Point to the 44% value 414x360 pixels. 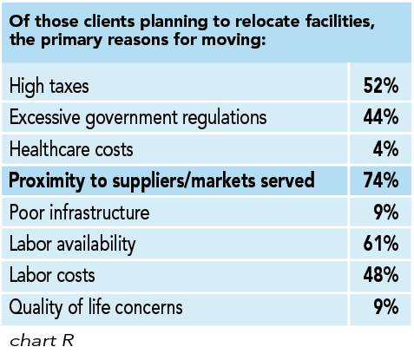pyautogui.click(x=380, y=117)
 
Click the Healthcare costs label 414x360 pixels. pyautogui.click(x=72, y=149)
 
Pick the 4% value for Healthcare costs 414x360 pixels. pyautogui.click(x=385, y=149)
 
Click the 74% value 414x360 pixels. pyautogui.click(x=380, y=180)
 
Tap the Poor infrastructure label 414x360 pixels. pyautogui.click(x=79, y=213)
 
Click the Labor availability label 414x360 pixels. pyautogui.click(x=76, y=244)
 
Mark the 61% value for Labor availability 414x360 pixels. pyautogui.click(x=380, y=244)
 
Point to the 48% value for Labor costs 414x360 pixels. pyautogui.click(x=380, y=276)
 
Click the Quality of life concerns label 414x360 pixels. pyautogui.click(x=95, y=307)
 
